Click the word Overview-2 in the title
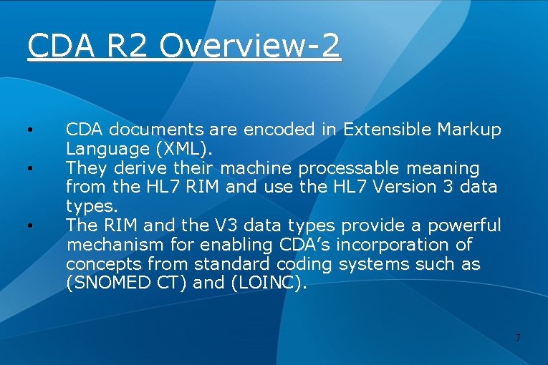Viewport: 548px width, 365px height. tap(250, 47)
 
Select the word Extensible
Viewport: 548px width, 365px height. tap(387, 130)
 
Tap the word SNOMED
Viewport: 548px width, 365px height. tap(107, 283)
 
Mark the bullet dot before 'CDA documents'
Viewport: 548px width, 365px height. tap(30, 130)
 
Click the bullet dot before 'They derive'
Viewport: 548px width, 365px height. tap(30, 169)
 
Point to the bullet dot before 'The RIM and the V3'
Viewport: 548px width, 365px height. tap(30, 226)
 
